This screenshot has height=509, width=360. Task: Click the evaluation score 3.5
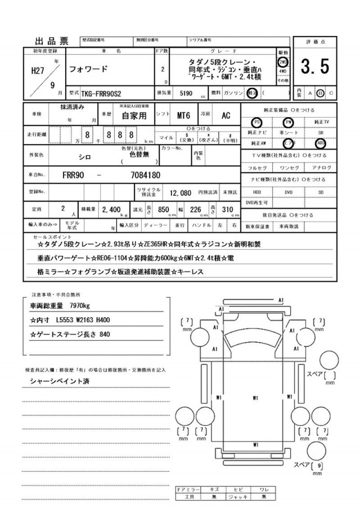point(314,67)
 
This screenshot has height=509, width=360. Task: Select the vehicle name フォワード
point(85,69)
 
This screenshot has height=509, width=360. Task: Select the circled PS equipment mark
point(257,121)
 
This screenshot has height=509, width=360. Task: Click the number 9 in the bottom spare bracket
point(319,466)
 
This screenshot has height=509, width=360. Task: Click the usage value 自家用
point(133,116)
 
